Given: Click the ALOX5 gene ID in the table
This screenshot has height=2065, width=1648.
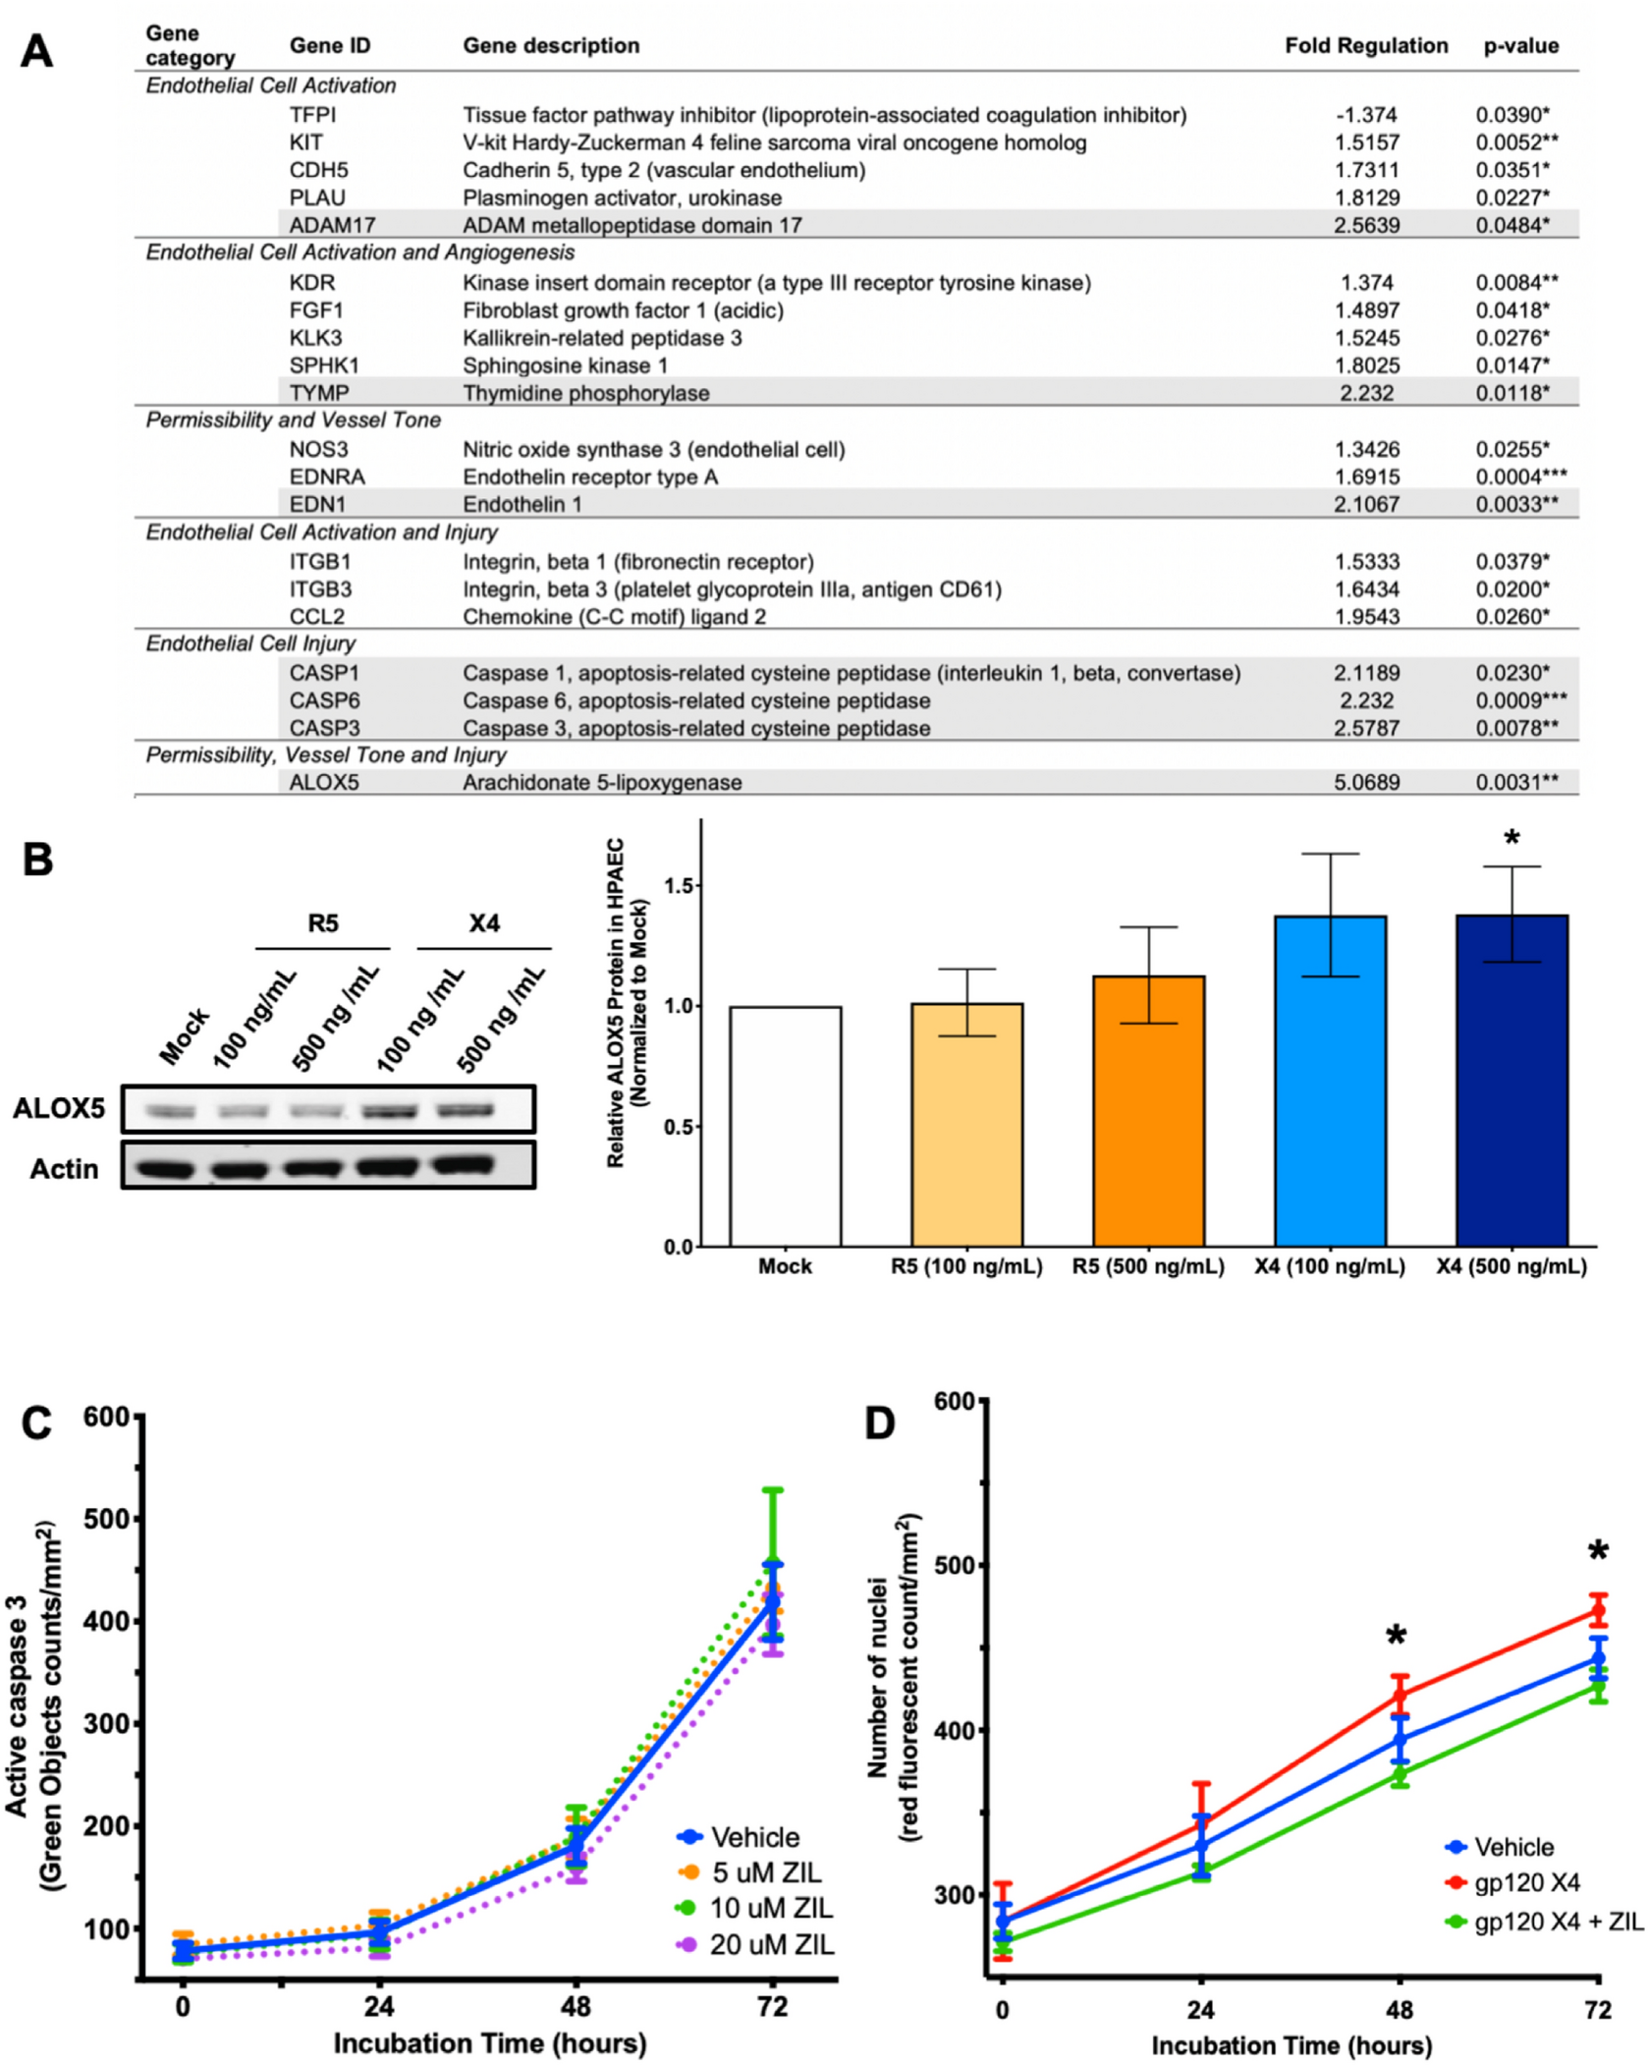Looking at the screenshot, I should pyautogui.click(x=323, y=782).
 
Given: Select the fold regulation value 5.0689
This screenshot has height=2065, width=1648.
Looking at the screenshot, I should pyautogui.click(x=1365, y=782).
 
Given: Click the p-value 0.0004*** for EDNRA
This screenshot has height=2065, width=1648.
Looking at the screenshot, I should pyautogui.click(x=1520, y=476).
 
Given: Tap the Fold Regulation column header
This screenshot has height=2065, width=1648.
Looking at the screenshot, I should pyautogui.click(x=1365, y=45).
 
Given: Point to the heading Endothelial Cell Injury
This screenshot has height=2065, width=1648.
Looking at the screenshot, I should pyautogui.click(x=250, y=643).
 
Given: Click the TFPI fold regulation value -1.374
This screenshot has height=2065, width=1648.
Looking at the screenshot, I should pyautogui.click(x=1365, y=115).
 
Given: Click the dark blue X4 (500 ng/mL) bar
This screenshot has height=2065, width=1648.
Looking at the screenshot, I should pyautogui.click(x=1511, y=1081).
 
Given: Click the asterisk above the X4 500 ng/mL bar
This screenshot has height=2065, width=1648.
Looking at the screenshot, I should pyautogui.click(x=1511, y=838).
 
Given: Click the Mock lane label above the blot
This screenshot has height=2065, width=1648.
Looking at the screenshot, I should pyautogui.click(x=184, y=1036).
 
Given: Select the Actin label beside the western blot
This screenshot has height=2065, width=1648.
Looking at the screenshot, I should pyautogui.click(x=64, y=1169).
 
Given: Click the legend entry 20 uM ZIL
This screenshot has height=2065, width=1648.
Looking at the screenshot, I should pyautogui.click(x=771, y=1944).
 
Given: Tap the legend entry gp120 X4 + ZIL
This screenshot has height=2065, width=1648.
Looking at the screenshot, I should pyautogui.click(x=1558, y=1922).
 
